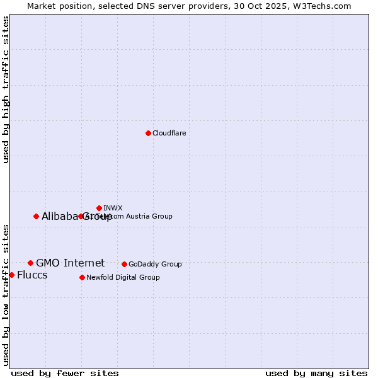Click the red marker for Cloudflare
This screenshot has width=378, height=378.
(148, 133)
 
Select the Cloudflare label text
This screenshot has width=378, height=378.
(169, 133)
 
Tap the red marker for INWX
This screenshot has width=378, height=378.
(99, 208)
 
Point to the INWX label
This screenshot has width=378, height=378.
(113, 208)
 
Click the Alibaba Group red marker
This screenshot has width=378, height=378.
(36, 216)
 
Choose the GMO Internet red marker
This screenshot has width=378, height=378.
(30, 263)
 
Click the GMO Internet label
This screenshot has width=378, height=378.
(70, 263)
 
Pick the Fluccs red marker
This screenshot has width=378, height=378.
(11, 275)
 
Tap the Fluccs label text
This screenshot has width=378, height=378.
(32, 275)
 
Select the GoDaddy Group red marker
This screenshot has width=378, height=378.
(124, 264)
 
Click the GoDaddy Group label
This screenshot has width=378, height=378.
(155, 264)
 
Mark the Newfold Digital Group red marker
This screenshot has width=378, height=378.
(82, 277)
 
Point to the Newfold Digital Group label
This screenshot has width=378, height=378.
(123, 277)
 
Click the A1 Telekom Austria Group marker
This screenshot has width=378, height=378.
(81, 216)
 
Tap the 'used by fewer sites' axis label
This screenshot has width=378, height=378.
(65, 373)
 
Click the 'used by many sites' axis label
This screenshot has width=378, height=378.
(316, 373)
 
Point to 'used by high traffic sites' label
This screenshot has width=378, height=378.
(6, 89)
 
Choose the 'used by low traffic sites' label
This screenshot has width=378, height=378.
(6, 294)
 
